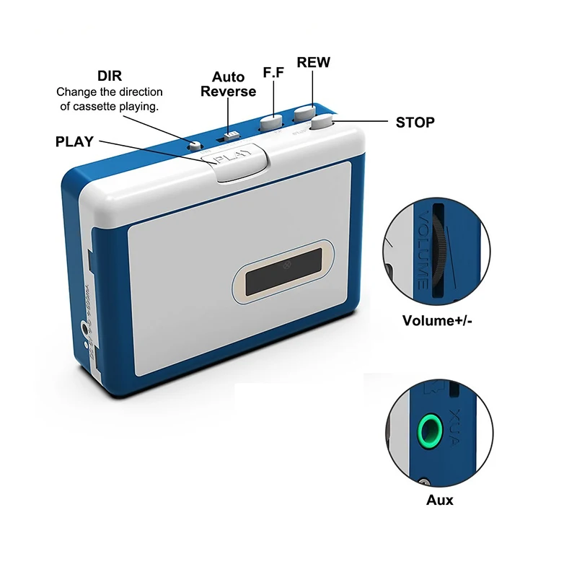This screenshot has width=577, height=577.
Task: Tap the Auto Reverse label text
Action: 228,84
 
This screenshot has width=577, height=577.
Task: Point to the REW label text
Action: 313,63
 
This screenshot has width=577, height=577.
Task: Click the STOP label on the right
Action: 415,122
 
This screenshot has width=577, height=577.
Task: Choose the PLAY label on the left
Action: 74,141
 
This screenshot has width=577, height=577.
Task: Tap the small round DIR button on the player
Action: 193,145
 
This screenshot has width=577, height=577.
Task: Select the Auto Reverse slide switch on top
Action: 231,135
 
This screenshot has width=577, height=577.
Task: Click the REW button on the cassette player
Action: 304,113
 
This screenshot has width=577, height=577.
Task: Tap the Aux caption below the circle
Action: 439,499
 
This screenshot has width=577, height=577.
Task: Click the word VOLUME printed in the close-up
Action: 422,249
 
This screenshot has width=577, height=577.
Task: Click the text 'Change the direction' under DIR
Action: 110,92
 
